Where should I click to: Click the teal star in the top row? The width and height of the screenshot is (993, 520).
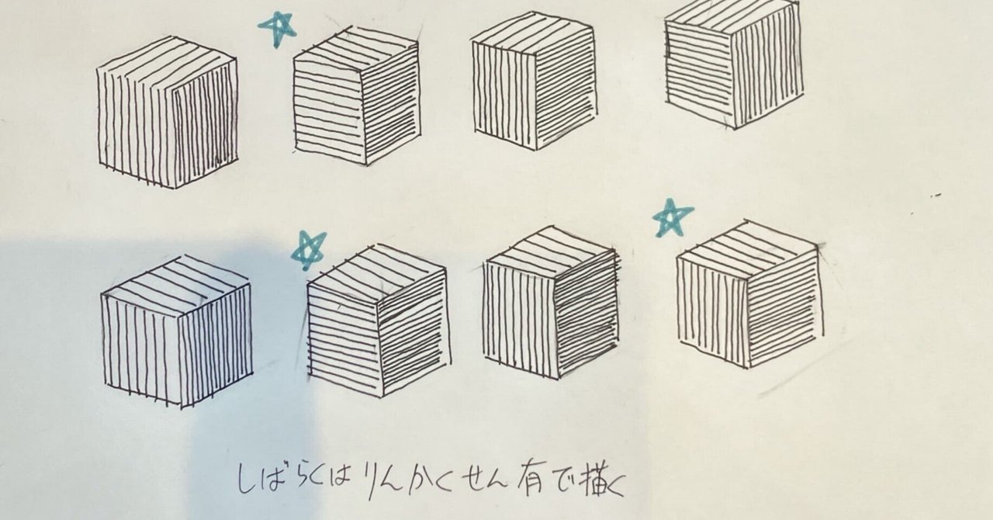click(277, 29)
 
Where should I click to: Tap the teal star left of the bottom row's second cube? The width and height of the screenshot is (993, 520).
click(308, 250)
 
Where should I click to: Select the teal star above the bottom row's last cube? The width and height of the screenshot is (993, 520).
click(672, 217)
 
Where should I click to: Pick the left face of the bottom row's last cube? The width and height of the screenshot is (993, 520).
click(712, 310)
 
